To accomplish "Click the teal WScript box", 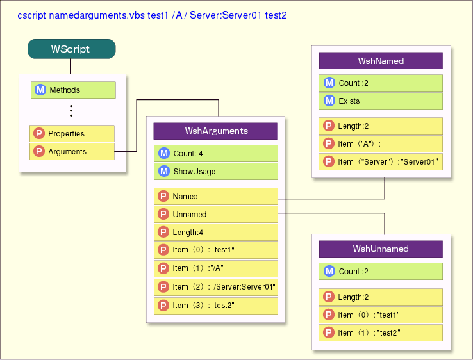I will [71, 49].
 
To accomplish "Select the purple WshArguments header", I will [215, 131].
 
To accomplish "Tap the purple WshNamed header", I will [381, 61].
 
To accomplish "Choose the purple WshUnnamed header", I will [381, 249].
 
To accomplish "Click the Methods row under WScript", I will [73, 90].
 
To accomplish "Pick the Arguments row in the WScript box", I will [72, 152].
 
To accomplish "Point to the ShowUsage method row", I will [215, 172].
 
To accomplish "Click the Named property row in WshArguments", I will [215, 197].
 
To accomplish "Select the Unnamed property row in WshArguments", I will [215, 215].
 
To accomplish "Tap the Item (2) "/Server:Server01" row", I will [215, 287].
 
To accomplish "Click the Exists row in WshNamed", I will [381, 101].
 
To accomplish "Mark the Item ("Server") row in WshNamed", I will [381, 162].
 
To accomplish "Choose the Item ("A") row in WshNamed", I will [381, 144].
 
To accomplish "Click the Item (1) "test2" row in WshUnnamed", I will [381, 333].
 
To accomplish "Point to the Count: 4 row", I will [215, 154].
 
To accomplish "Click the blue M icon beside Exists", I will [329, 101].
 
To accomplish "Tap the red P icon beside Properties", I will [39, 134].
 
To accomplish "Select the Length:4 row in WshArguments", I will [215, 233].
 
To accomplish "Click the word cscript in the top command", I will [31, 14].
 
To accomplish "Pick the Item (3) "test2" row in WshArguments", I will [215, 306].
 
